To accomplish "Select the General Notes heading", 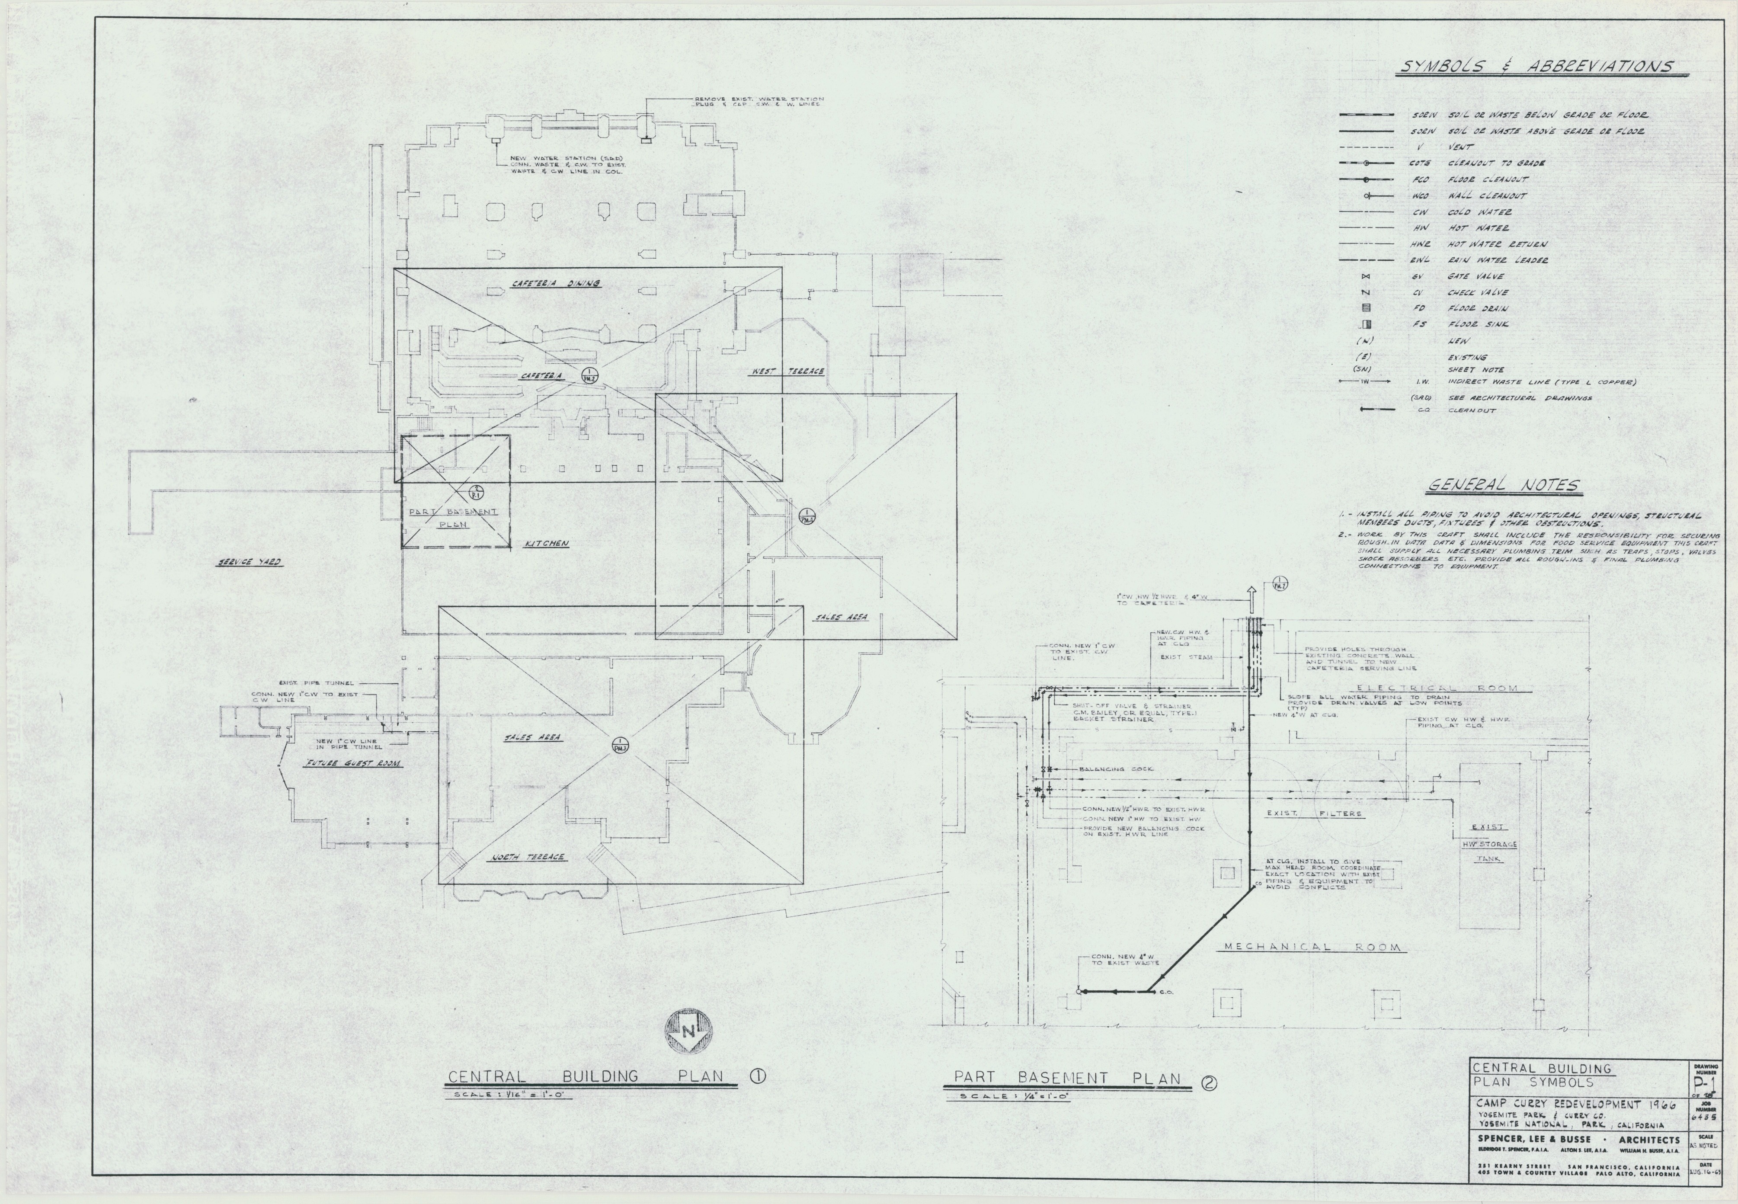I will coord(1504,485).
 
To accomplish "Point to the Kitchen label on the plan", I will coord(546,543).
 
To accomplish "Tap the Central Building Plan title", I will coord(586,1076).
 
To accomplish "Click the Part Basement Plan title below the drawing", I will coord(1067,1078).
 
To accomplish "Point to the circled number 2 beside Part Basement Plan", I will coord(1208,1084).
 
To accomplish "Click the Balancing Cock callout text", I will coord(1113,769).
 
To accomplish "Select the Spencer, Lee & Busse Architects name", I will coord(1577,1140).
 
